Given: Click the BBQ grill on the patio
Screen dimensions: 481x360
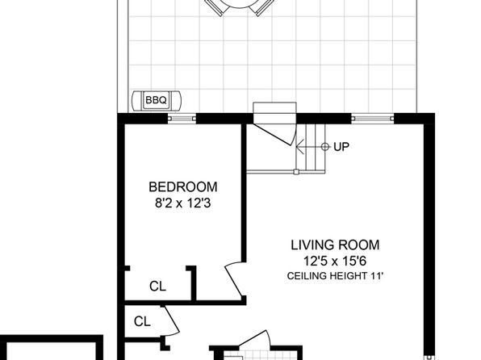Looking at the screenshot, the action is [157, 100].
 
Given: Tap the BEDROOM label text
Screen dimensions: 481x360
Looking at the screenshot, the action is [183, 187].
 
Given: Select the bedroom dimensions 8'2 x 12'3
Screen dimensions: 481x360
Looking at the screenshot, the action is [183, 203].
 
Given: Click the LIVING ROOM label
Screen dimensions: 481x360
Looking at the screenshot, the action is [335, 245].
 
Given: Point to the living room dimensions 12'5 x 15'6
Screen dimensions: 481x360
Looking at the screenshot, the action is [335, 262].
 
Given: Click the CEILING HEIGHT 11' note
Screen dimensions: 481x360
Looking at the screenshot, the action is [335, 276].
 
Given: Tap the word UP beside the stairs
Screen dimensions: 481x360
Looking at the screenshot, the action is [341, 147].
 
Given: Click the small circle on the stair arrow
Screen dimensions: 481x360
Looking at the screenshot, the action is [325, 147].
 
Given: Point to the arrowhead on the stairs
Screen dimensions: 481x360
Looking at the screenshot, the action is [299, 147].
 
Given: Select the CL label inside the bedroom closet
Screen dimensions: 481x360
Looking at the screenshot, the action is [157, 287].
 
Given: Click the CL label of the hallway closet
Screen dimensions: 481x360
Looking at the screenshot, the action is [142, 321].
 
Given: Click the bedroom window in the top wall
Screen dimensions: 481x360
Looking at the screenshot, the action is [182, 119].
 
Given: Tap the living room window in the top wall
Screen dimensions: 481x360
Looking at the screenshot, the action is [372, 119].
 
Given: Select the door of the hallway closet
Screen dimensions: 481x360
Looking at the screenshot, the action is [171, 321].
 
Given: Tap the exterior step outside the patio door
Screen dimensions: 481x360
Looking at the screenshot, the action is [274, 108].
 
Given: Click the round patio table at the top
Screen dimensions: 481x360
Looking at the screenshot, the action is [240, 6].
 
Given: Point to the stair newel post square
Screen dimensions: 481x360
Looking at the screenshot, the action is [296, 172].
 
